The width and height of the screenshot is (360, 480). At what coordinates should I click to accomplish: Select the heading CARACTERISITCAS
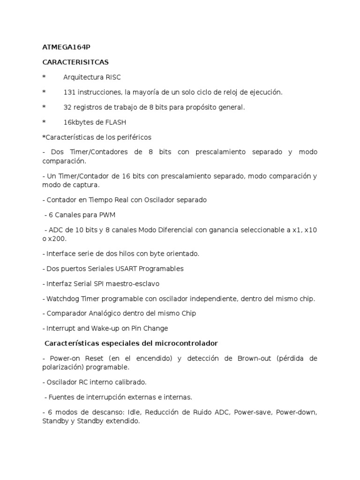click(x=68, y=62)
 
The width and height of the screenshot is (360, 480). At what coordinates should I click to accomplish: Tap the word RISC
click(x=112, y=77)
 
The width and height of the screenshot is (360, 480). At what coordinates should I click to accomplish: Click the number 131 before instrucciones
click(x=69, y=92)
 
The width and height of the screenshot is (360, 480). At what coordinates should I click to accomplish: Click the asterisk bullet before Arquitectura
click(x=44, y=77)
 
